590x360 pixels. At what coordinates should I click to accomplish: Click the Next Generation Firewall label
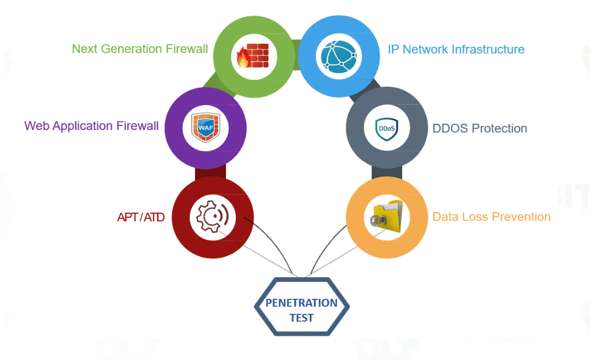coord(140,49)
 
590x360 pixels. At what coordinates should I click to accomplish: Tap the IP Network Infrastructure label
coord(456,49)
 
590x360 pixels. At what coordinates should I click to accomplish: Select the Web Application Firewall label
coord(91,126)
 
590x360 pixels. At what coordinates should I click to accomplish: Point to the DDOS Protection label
coord(480,128)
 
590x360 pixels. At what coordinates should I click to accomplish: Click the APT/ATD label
coord(141,217)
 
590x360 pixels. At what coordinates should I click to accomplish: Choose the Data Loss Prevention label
coord(491,217)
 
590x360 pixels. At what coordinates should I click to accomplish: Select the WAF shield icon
coord(206,127)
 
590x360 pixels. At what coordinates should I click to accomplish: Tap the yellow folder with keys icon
coord(385,217)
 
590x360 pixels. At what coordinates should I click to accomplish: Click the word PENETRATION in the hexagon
coord(302,303)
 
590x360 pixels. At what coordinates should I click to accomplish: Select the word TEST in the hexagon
coord(302,317)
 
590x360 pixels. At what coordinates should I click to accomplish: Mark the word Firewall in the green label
coord(185,49)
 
